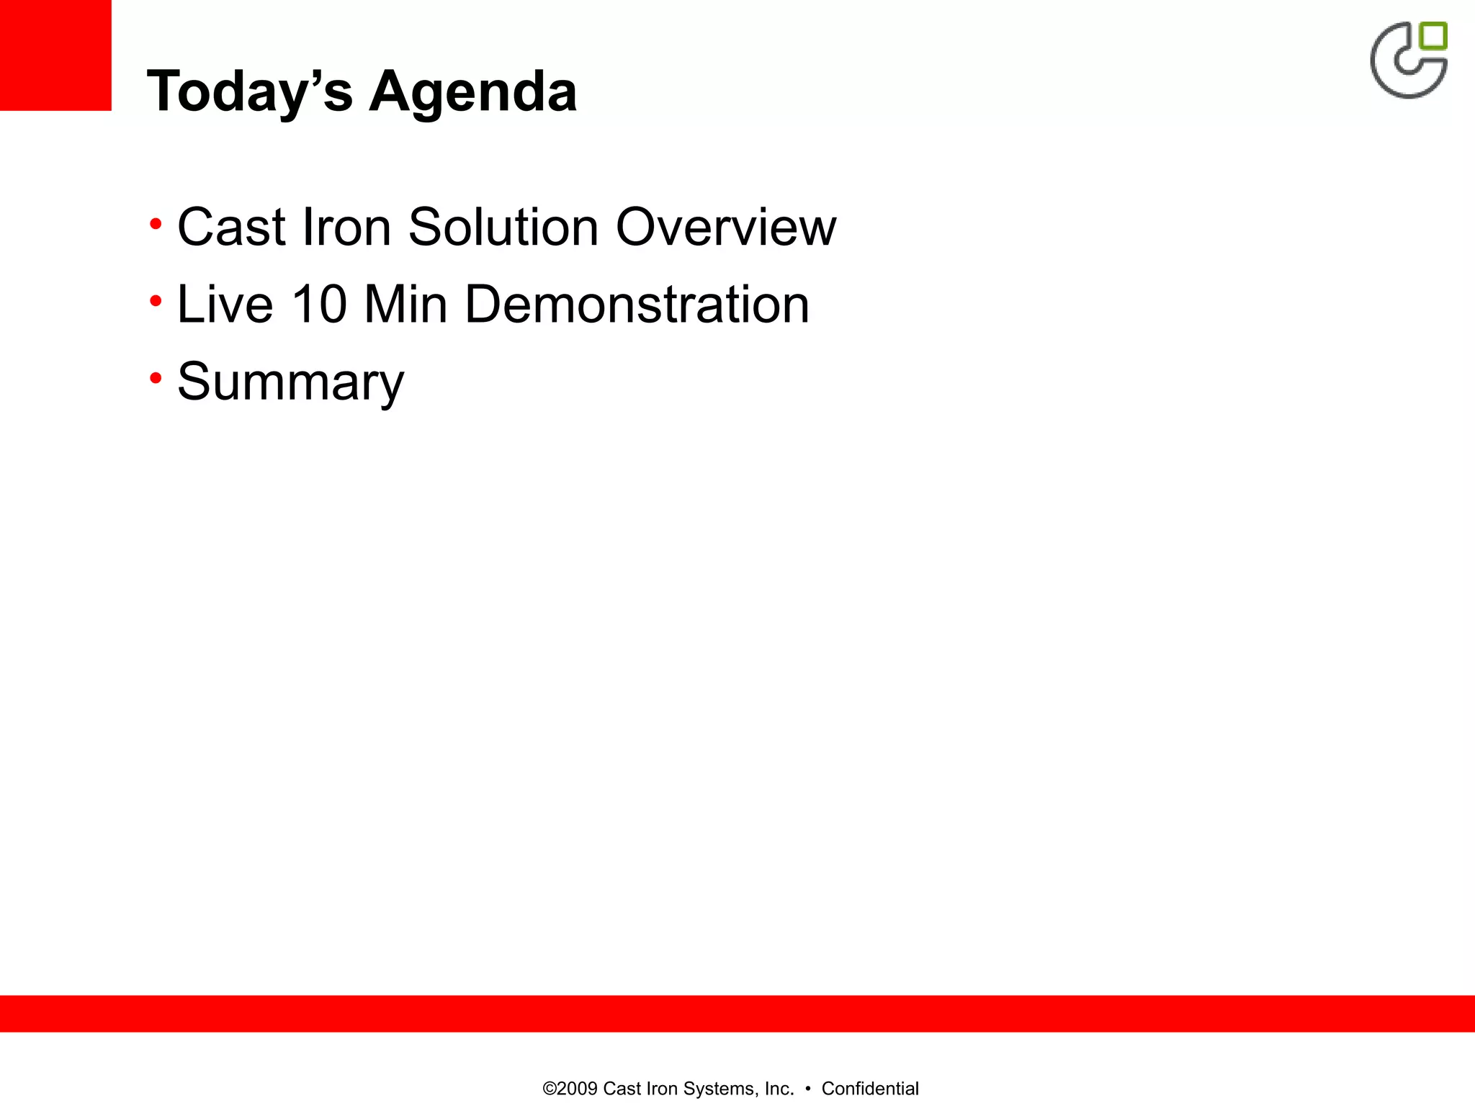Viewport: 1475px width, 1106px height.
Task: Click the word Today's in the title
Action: (249, 92)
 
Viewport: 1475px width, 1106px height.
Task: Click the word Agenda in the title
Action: (473, 92)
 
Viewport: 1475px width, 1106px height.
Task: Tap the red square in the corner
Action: (55, 55)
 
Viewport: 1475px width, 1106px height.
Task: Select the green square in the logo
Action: (1433, 36)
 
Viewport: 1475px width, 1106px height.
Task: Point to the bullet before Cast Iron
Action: (156, 225)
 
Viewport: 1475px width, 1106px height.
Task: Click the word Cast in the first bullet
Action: (231, 228)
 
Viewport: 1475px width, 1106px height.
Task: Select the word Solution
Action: (503, 228)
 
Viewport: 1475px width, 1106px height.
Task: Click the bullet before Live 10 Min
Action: (156, 301)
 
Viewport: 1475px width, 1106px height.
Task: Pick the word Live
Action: (225, 305)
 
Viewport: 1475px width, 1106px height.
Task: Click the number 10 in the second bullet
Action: (319, 305)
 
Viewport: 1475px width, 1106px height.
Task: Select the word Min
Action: (406, 305)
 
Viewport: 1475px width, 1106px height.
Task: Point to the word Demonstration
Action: (637, 305)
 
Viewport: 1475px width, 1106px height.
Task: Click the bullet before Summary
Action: (156, 378)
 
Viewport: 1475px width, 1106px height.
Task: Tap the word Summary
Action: (290, 382)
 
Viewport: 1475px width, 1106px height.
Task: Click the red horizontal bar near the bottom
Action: (737, 1013)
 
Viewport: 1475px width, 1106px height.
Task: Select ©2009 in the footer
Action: (570, 1089)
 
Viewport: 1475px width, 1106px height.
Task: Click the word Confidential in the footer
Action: (870, 1089)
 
